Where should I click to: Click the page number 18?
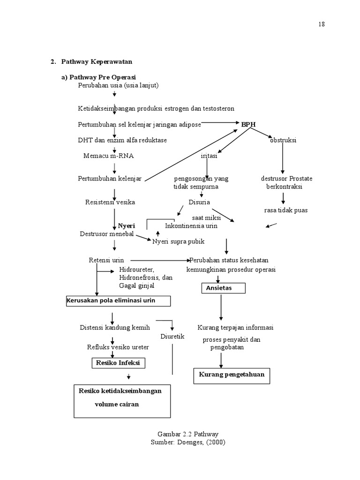(x=322, y=24)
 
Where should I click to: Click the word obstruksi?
(x=283, y=140)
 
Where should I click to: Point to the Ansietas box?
(x=224, y=288)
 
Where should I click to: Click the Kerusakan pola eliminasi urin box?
(x=118, y=300)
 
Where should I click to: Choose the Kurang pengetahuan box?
(x=232, y=375)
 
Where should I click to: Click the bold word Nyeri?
(x=126, y=225)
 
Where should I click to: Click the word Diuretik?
(x=172, y=337)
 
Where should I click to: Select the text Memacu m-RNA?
(x=105, y=156)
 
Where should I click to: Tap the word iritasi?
(x=209, y=156)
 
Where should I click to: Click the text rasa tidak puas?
(x=286, y=210)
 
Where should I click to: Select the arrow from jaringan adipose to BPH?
(x=220, y=123)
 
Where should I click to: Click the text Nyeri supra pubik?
(x=178, y=241)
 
